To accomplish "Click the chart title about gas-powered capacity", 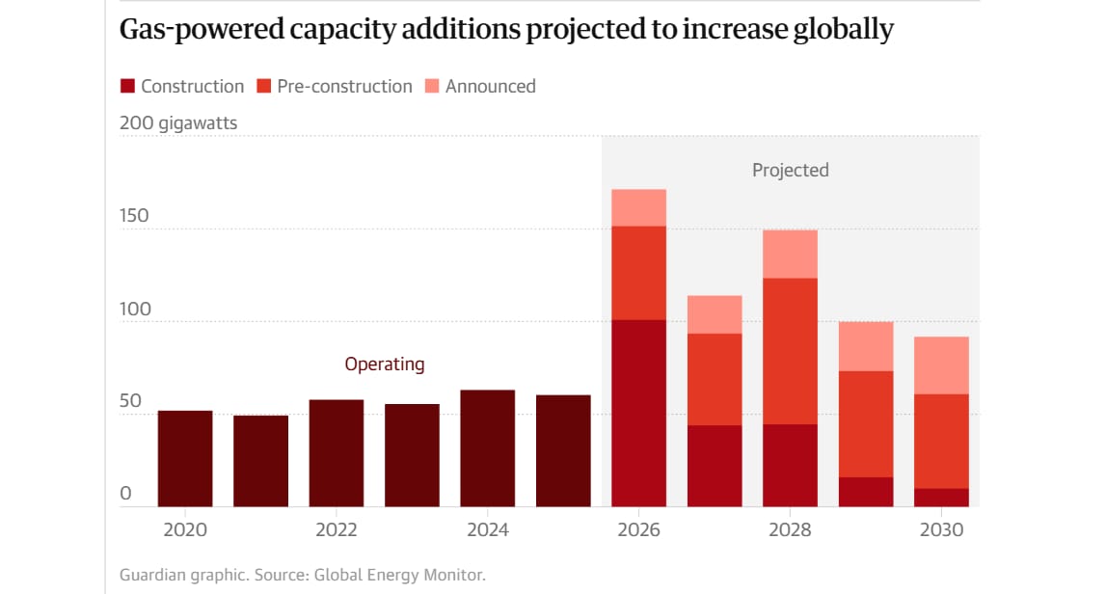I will point(506,30).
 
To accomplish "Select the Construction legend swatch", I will point(127,87).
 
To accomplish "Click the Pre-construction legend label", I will point(344,87).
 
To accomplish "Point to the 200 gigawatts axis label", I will point(178,123).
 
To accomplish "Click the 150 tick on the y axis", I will point(134,215).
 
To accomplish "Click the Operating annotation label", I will point(384,364).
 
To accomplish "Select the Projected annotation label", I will point(790,171).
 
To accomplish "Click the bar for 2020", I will point(185,459).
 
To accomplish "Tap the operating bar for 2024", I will point(487,448).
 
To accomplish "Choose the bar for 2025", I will point(563,451).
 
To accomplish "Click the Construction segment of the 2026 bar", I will point(638,413).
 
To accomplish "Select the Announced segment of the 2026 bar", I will point(638,207).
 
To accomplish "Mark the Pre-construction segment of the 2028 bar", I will point(790,351).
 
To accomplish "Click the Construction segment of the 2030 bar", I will point(941,498).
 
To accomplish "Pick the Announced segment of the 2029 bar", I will point(866,346).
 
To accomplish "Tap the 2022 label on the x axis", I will point(337,530).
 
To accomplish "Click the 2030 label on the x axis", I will point(941,530).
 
